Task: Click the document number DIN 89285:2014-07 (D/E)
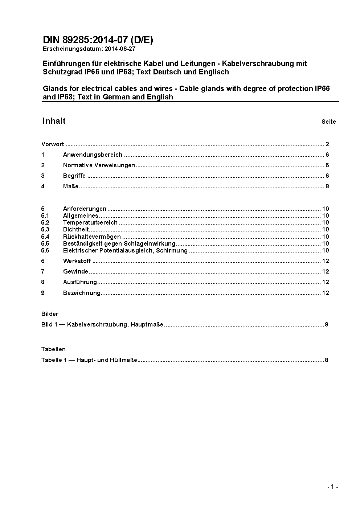point(98,40)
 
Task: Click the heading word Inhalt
point(54,121)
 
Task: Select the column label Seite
point(328,122)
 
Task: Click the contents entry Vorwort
point(53,144)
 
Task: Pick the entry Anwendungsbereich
point(93,155)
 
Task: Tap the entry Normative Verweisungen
point(99,165)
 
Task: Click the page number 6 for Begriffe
point(327,176)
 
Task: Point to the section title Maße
point(71,186)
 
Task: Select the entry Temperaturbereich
point(90,223)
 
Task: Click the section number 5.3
point(45,230)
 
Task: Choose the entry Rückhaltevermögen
point(92,237)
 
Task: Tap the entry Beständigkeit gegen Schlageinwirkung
point(119,244)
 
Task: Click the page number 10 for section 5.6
point(326,251)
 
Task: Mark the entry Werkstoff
point(77,261)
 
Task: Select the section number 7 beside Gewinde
point(43,272)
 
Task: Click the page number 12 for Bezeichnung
point(326,293)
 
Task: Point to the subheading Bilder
point(50,314)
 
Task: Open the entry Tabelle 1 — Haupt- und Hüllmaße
point(89,360)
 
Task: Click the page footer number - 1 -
point(332,487)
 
